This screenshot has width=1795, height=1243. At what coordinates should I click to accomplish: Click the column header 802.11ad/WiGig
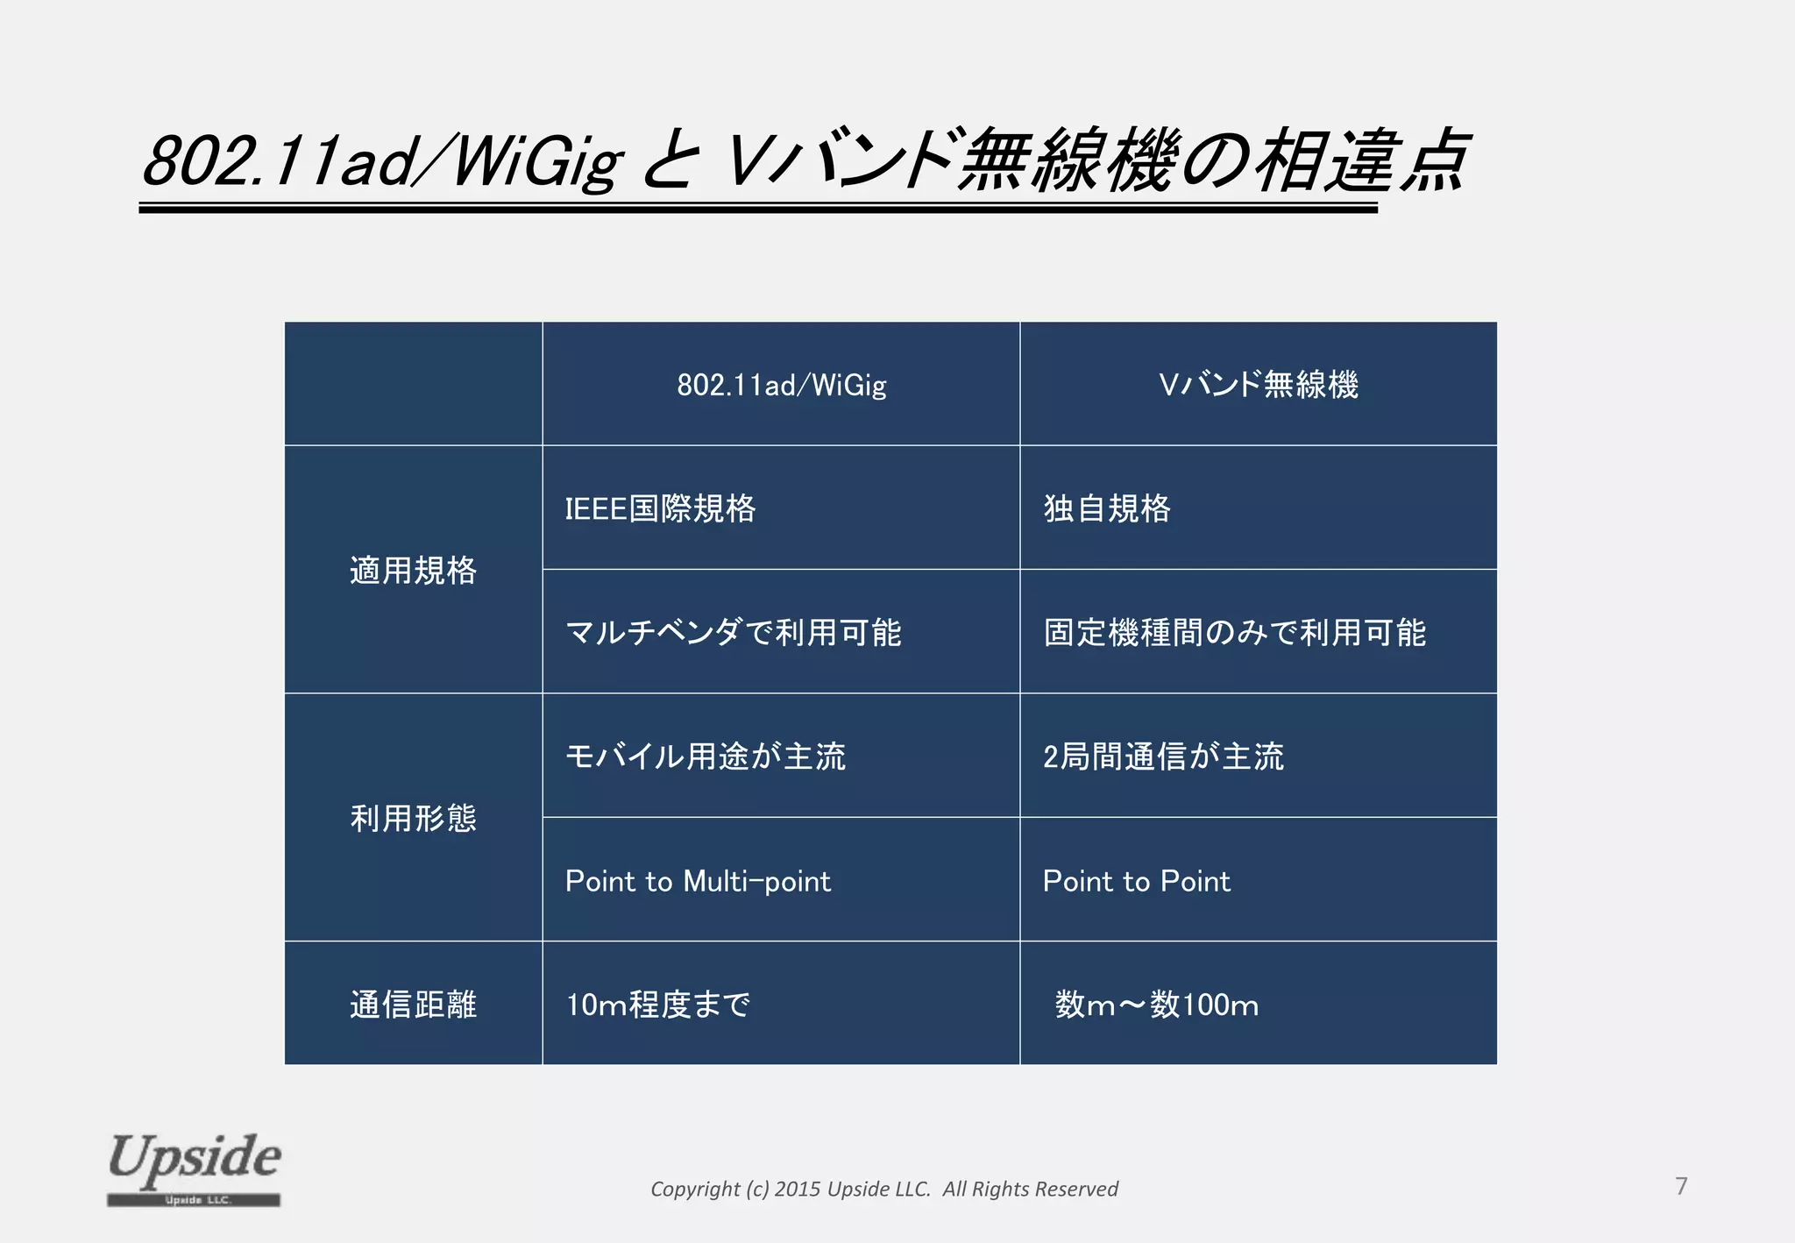[x=781, y=385]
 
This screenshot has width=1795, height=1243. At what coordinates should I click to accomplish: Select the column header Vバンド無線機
[x=1258, y=385]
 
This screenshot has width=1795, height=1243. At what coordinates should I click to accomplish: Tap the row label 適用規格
[x=413, y=571]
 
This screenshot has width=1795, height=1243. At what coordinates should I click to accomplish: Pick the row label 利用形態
[x=413, y=819]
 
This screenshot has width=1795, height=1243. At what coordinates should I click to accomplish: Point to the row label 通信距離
[x=413, y=1005]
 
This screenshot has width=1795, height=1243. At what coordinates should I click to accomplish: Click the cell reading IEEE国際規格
[x=660, y=508]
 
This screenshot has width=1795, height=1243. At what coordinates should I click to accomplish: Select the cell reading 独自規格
[x=1106, y=508]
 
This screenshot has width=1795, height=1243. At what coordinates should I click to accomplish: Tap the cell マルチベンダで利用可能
[x=733, y=632]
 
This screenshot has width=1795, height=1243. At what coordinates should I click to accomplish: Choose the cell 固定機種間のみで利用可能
[x=1234, y=632]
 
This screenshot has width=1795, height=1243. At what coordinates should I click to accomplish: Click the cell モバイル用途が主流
[x=705, y=756]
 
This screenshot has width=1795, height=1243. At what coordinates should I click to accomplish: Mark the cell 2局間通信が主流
[x=1163, y=756]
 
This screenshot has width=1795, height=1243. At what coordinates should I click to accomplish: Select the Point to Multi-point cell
[x=698, y=881]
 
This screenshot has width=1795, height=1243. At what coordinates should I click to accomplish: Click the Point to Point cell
[x=1136, y=881]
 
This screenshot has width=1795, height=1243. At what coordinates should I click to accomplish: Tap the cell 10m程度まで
[x=657, y=1005]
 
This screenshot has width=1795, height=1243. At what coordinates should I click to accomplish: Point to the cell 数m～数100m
[x=1156, y=1005]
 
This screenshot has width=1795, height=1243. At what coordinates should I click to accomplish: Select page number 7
[x=1681, y=1186]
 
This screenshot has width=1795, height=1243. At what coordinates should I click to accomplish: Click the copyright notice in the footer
[x=883, y=1189]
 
